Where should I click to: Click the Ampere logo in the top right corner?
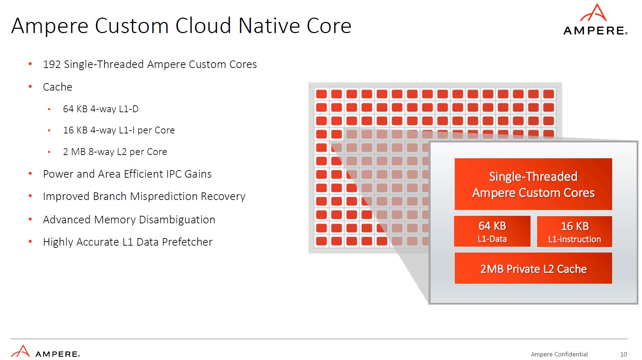coord(595,20)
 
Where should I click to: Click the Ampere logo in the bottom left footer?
coord(45,352)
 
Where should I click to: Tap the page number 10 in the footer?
coord(623,354)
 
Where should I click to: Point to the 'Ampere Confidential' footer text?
coord(559,354)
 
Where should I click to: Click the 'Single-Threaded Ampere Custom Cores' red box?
coord(533,184)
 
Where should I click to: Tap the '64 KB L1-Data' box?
coord(492,231)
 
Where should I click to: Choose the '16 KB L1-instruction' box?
coord(574,232)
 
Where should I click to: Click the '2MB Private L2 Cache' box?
coord(533,268)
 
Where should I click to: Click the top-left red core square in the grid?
coord(321,94)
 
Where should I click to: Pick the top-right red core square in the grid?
coord(549,94)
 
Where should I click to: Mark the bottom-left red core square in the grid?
coord(321,241)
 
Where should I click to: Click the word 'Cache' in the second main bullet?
coord(58,87)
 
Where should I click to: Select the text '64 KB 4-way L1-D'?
coord(101,109)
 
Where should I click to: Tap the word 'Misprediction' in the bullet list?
coord(164,196)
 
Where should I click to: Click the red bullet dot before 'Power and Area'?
coord(31,174)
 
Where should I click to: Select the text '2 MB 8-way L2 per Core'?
coord(115,152)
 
